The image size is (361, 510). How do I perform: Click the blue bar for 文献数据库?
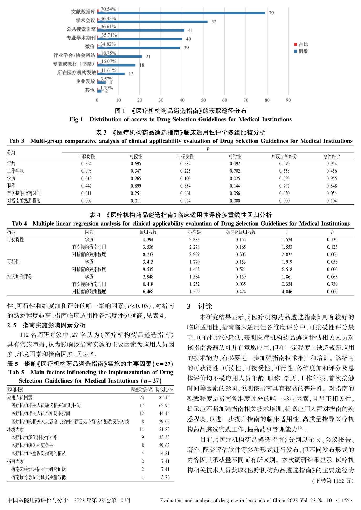(181, 13)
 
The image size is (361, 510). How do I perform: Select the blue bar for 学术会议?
(152, 22)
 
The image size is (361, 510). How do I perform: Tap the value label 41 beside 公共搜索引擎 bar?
(190, 30)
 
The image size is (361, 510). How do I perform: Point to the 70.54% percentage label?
(108, 9)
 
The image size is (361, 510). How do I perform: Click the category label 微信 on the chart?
(90, 47)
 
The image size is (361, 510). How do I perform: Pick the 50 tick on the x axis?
(203, 100)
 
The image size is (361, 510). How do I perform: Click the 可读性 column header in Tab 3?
(136, 156)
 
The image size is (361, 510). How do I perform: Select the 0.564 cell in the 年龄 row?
(86, 164)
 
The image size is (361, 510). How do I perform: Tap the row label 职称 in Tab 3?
(11, 186)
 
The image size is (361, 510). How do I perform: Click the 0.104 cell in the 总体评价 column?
(332, 201)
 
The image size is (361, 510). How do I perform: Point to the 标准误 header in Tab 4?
(195, 232)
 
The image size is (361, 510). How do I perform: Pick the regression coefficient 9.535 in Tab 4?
(148, 269)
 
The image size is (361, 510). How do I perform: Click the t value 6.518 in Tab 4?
(287, 269)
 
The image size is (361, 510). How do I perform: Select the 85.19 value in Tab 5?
(164, 398)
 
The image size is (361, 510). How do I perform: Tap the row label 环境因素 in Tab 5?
(15, 429)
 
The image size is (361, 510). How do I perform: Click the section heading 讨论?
(205, 306)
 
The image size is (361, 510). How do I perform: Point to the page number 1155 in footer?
(344, 501)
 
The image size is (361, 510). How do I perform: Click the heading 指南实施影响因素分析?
(54, 325)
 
